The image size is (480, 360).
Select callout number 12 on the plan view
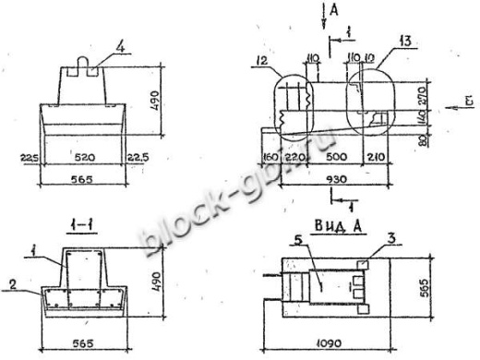tap(261, 61)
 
